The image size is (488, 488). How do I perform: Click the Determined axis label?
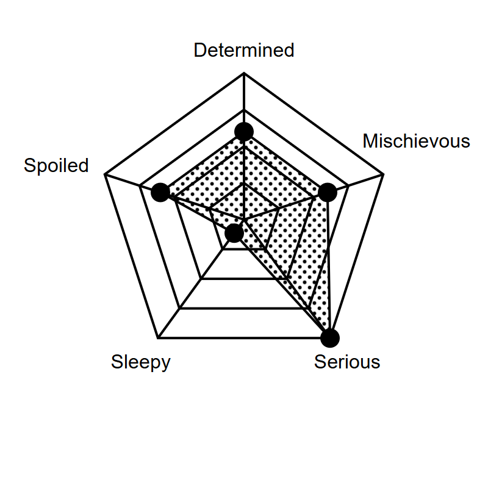click(x=243, y=50)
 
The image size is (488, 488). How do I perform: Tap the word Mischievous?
click(x=416, y=141)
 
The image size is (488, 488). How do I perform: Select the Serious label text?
click(x=347, y=362)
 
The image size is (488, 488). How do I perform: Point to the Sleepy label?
click(x=141, y=362)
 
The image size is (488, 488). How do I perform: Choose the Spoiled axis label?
click(x=56, y=165)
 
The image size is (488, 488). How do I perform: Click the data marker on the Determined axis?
click(x=244, y=132)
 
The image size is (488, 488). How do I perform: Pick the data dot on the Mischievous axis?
click(x=328, y=192)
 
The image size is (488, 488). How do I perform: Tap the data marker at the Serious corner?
click(x=330, y=338)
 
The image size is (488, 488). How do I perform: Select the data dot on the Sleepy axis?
click(x=234, y=233)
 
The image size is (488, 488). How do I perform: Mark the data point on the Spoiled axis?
click(x=160, y=192)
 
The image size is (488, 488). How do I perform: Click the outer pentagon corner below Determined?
click(x=244, y=73)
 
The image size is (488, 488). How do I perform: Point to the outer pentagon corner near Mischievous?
click(x=384, y=174)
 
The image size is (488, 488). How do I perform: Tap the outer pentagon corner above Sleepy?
click(x=158, y=338)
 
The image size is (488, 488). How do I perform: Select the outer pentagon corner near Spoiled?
click(x=105, y=174)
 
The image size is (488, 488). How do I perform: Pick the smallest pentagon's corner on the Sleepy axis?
click(x=223, y=249)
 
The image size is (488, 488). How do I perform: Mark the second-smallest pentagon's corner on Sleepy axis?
click(x=201, y=279)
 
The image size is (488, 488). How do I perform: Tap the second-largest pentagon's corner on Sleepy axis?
click(x=179, y=309)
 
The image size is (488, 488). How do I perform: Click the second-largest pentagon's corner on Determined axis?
click(x=244, y=110)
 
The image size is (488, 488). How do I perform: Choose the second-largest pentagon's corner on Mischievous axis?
click(x=348, y=186)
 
